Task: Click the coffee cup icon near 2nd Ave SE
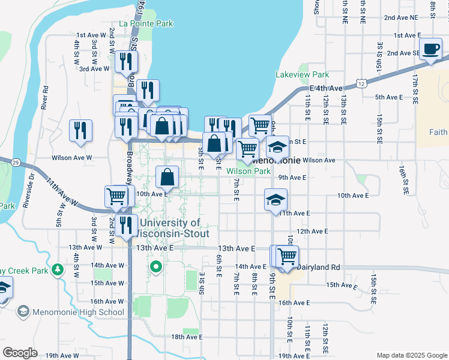[430, 50]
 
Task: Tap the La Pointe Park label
[146, 23]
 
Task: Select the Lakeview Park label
[302, 75]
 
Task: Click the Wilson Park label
[249, 171]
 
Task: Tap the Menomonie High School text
[79, 312]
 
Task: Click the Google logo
[20, 353]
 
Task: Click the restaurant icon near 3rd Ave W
[126, 61]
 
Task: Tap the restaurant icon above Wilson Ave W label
[80, 131]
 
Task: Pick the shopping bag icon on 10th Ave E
[167, 177]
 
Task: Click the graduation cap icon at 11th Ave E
[276, 200]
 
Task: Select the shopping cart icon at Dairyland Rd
[287, 256]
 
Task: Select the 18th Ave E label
[187, 337]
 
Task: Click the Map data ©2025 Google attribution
[411, 355]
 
